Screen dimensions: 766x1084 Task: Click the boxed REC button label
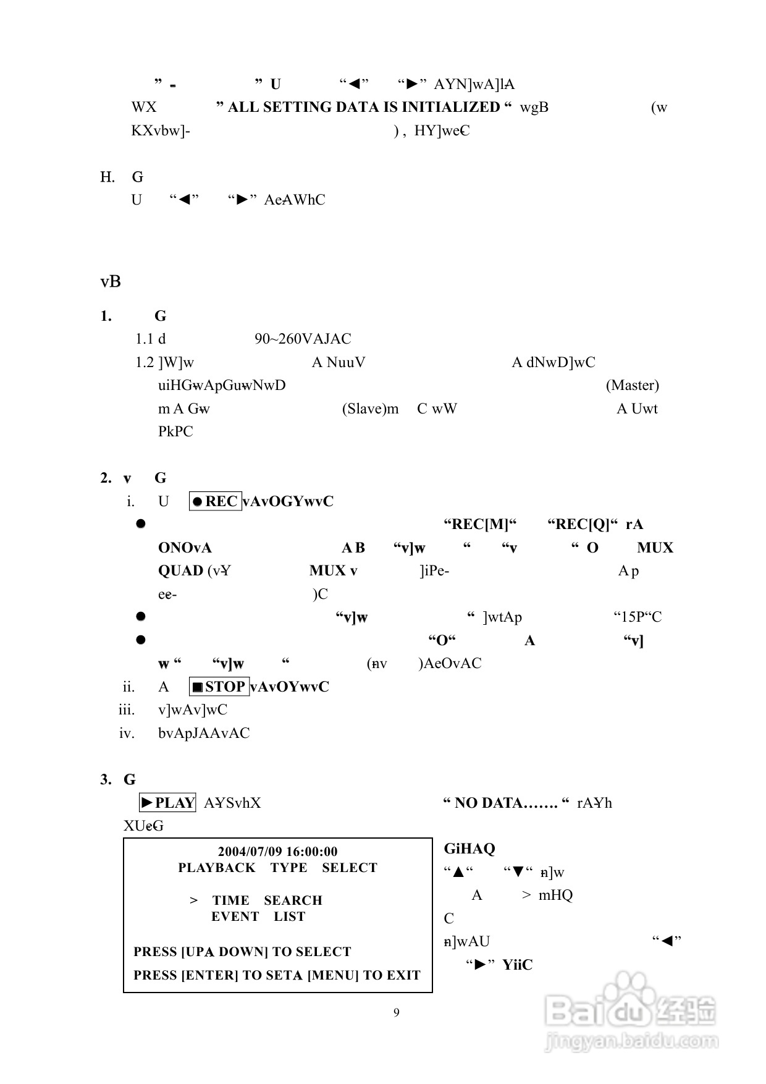click(x=215, y=501)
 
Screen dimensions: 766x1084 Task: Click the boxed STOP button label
click(x=219, y=687)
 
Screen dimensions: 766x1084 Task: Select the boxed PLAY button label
click(x=167, y=803)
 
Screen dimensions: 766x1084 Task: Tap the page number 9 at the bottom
click(x=397, y=1012)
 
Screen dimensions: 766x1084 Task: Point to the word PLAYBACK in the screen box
click(x=217, y=868)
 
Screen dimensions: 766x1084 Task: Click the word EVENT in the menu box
click(x=235, y=917)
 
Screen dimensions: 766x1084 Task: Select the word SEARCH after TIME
click(x=293, y=900)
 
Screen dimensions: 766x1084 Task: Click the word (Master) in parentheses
click(x=632, y=386)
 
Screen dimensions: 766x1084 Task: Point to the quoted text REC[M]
click(x=480, y=525)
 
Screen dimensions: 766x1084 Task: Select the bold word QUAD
click(x=180, y=570)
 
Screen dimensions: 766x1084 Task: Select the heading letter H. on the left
click(x=107, y=177)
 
